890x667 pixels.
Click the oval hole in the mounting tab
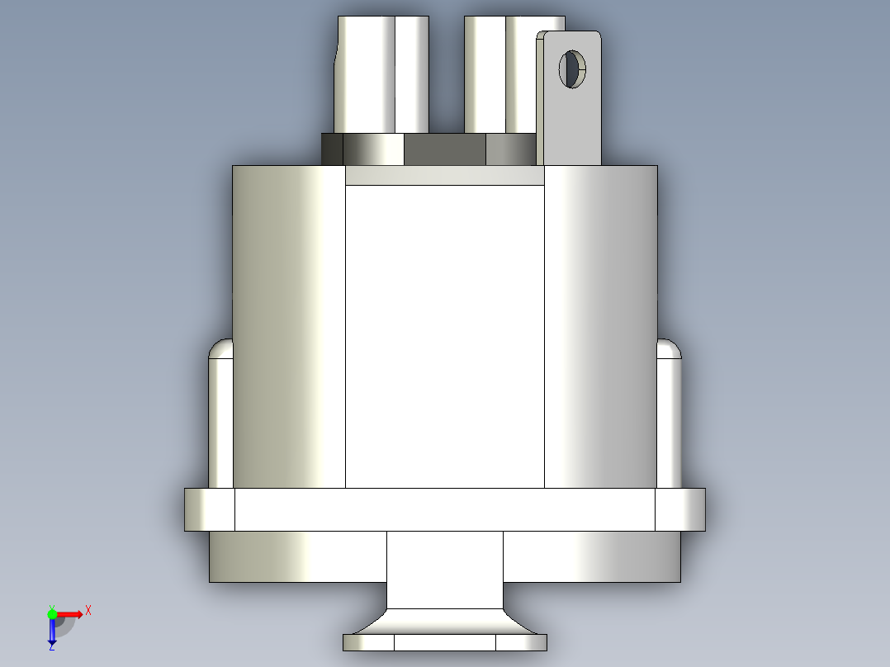coord(571,69)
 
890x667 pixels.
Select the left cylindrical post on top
coord(381,74)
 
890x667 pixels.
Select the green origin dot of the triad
coord(52,613)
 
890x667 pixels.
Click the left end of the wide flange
coord(209,509)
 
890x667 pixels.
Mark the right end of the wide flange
coord(680,509)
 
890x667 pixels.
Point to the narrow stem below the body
coord(444,570)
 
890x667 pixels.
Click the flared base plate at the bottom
coord(444,641)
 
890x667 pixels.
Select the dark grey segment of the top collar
coord(444,149)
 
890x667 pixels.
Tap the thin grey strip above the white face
coord(444,175)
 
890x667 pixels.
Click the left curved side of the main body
coord(289,330)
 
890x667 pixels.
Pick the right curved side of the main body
coord(600,330)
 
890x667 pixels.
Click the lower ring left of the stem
coord(297,556)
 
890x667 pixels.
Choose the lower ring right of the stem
coord(591,556)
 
